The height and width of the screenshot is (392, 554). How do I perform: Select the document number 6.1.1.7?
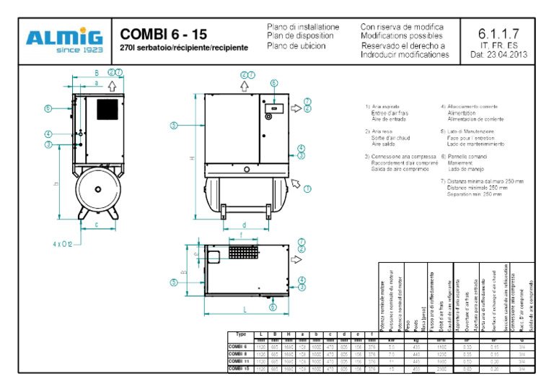pos(498,33)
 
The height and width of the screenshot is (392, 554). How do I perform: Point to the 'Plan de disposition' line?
pos(300,35)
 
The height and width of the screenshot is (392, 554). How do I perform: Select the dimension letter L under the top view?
pos(245,310)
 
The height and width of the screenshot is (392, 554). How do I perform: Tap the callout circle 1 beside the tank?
pos(307,189)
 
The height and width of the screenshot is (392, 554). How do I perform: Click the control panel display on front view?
pos(273,110)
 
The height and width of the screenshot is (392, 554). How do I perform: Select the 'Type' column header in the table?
pos(242,334)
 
